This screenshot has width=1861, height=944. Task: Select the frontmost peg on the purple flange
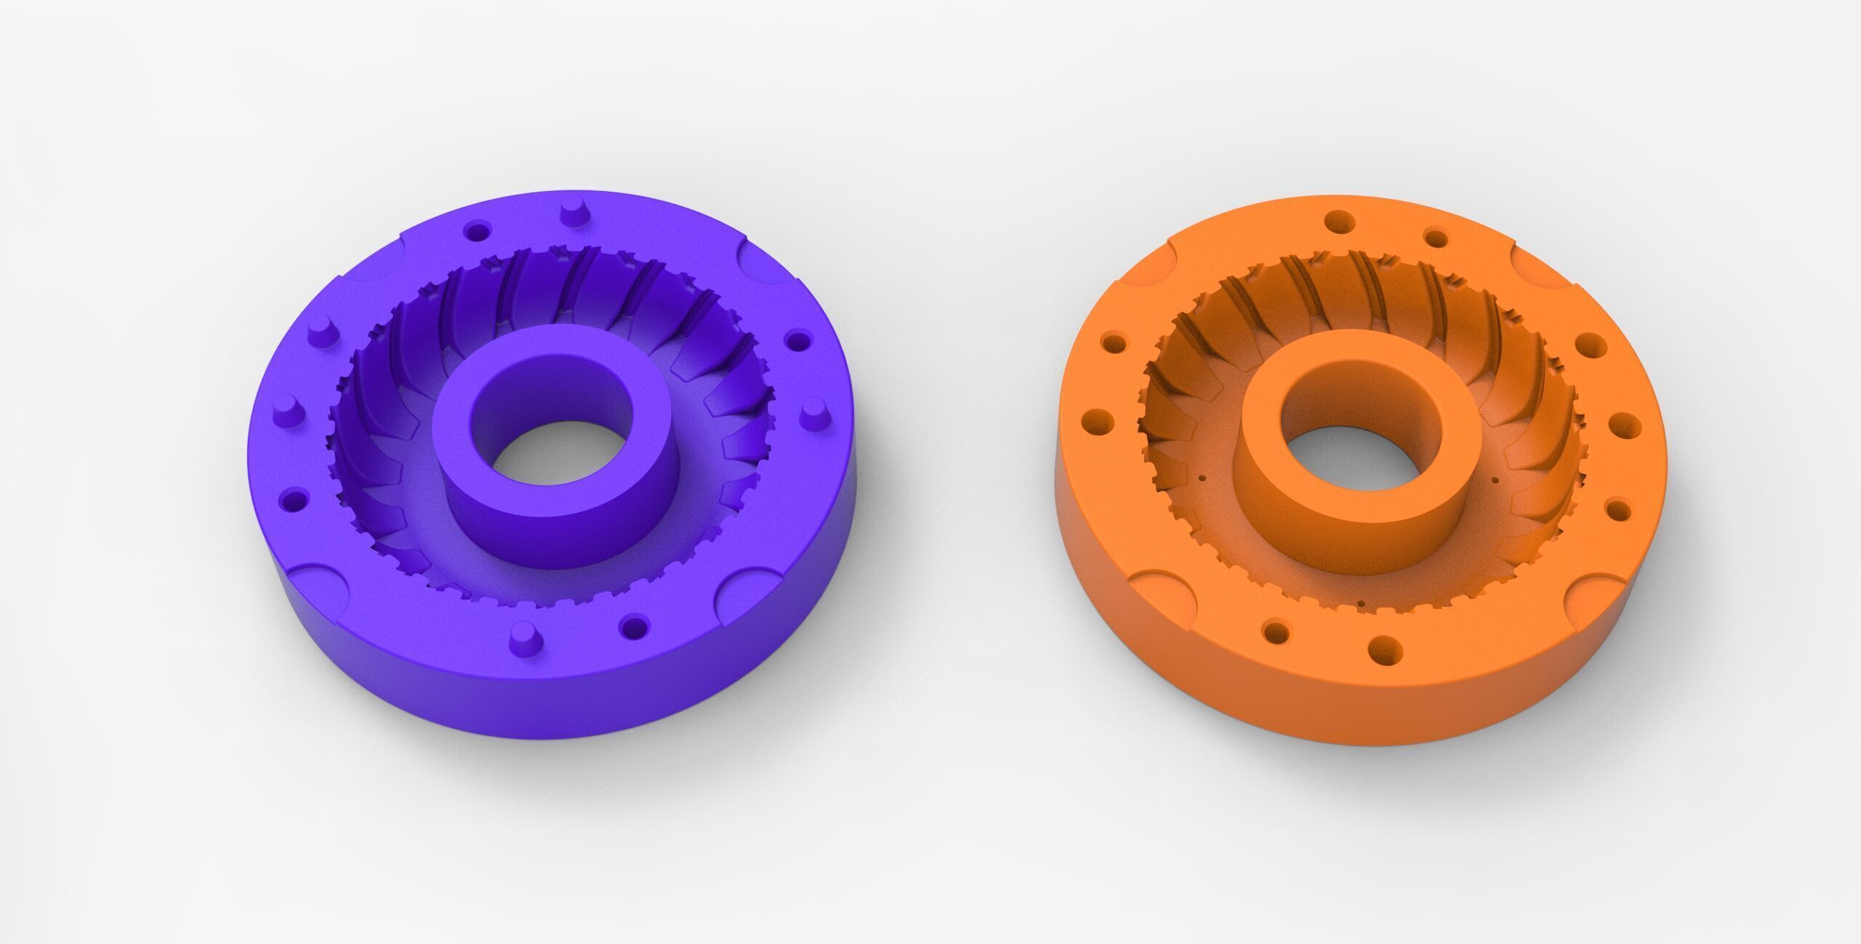[x=520, y=638]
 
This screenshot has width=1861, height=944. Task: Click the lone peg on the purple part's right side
[x=812, y=419]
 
